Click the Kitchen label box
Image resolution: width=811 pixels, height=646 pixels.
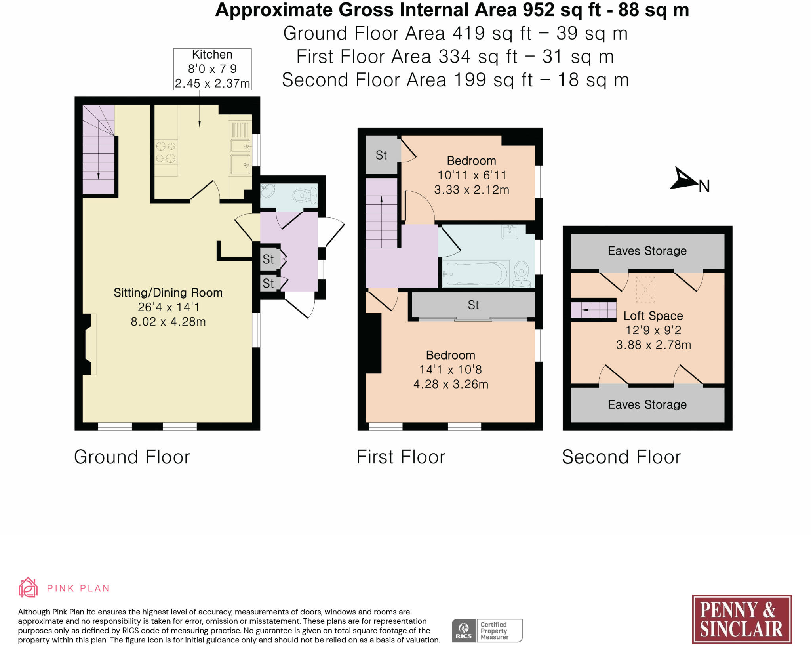point(212,69)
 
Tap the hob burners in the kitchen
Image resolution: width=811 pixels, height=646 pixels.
point(166,152)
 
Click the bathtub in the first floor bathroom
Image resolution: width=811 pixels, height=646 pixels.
point(475,273)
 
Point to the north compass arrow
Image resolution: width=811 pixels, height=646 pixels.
point(684,179)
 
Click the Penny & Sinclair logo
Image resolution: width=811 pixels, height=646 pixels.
point(742,619)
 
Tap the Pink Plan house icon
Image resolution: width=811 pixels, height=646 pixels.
point(28,587)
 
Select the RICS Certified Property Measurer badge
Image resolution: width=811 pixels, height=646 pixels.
point(487,630)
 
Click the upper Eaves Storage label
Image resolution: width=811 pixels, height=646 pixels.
point(647,251)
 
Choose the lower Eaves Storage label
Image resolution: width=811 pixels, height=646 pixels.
point(647,404)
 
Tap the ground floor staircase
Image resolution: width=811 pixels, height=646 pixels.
point(98,149)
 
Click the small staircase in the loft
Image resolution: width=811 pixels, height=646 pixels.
point(593,310)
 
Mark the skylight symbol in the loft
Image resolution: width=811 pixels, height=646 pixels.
point(646,289)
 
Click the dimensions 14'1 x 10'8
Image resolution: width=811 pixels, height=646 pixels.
point(451,370)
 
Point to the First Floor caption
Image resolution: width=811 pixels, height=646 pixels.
point(401,457)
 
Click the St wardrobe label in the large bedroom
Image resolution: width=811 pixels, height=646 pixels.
point(473,305)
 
